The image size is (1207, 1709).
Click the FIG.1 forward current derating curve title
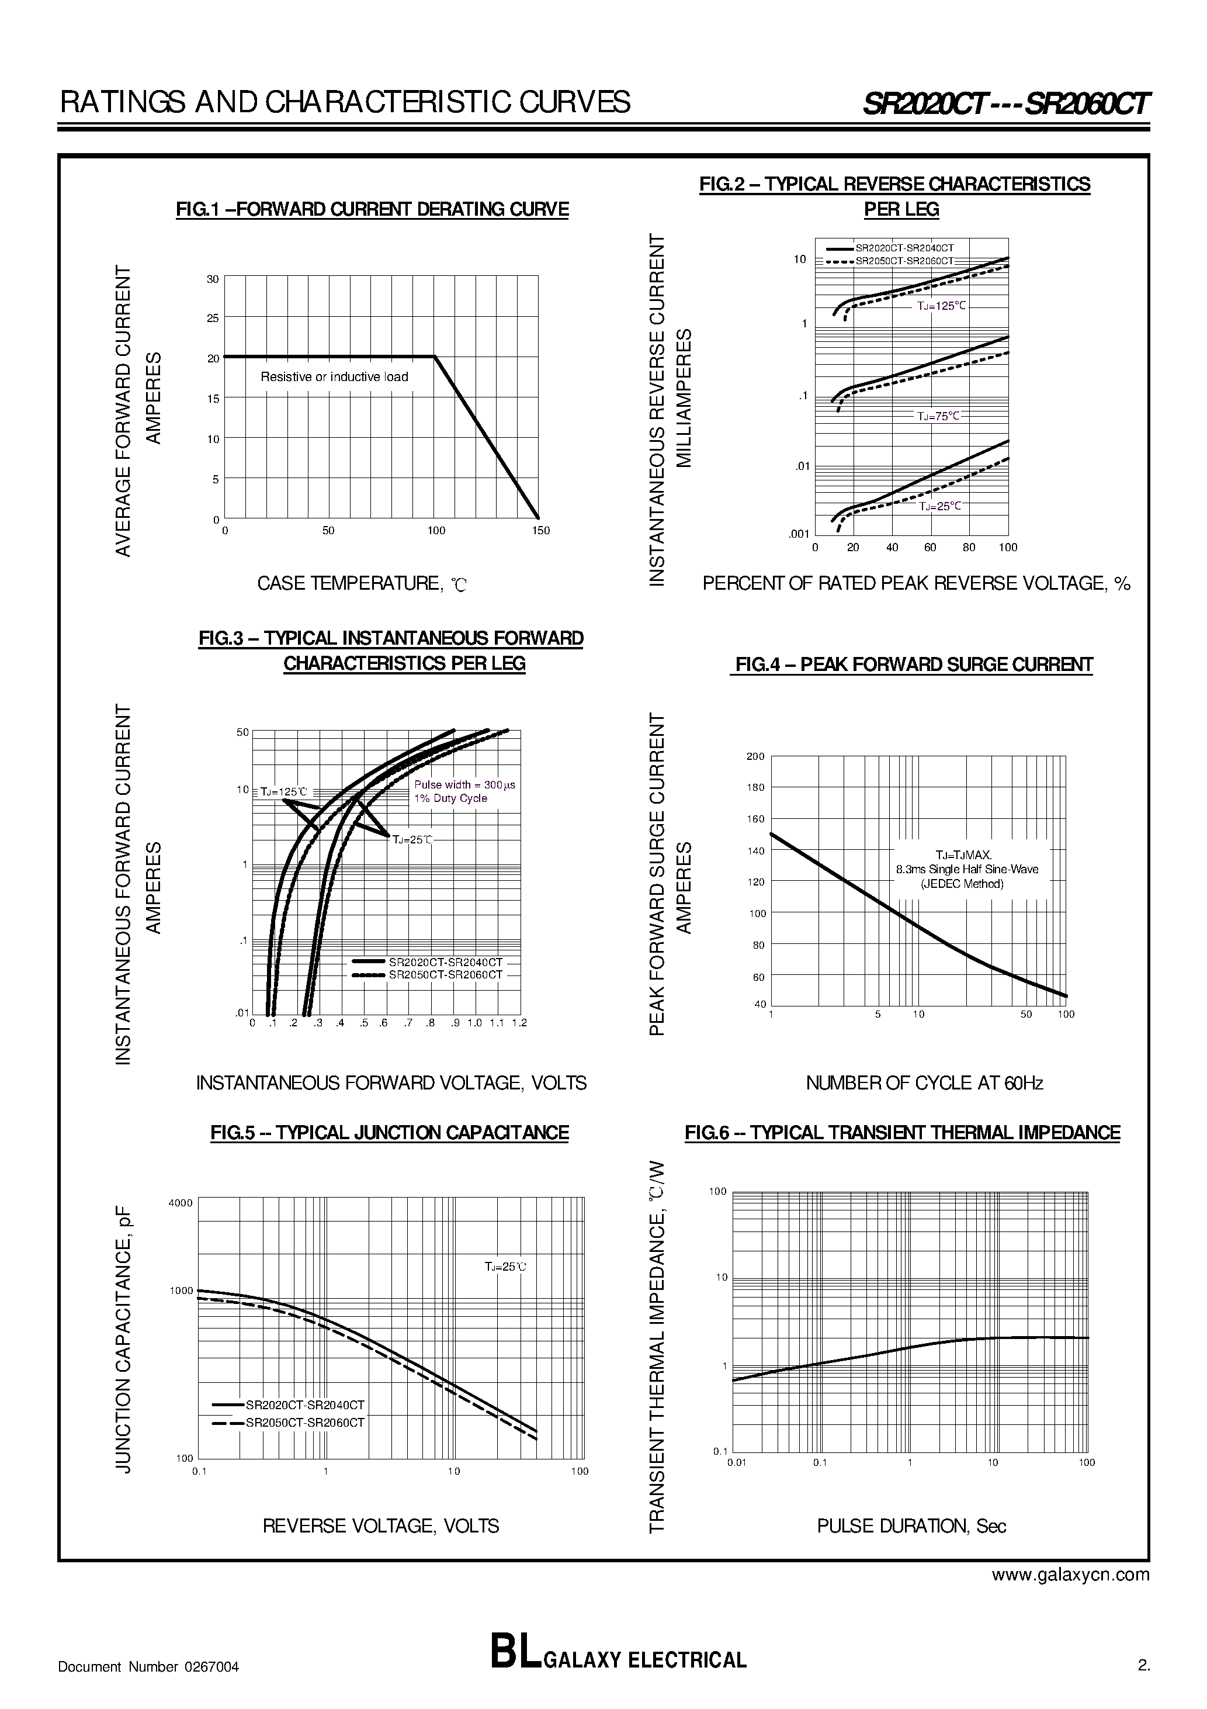click(x=372, y=209)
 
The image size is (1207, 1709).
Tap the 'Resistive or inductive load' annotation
click(x=334, y=376)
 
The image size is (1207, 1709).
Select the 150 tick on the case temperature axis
click(x=541, y=531)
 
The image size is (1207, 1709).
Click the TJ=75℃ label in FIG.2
click(x=938, y=416)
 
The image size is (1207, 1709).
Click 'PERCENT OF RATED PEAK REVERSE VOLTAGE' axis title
click(x=915, y=583)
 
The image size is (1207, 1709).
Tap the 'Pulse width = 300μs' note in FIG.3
click(x=464, y=784)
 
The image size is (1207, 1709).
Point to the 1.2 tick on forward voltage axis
click(x=519, y=1023)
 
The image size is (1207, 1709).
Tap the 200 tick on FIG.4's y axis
click(x=755, y=757)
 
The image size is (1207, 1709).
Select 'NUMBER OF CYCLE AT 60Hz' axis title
click(x=924, y=1083)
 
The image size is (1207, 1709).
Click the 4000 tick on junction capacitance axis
click(x=181, y=1203)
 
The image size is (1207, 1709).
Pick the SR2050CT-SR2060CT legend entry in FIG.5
click(x=304, y=1423)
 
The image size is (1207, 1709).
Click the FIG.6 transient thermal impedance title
click(x=902, y=1133)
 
